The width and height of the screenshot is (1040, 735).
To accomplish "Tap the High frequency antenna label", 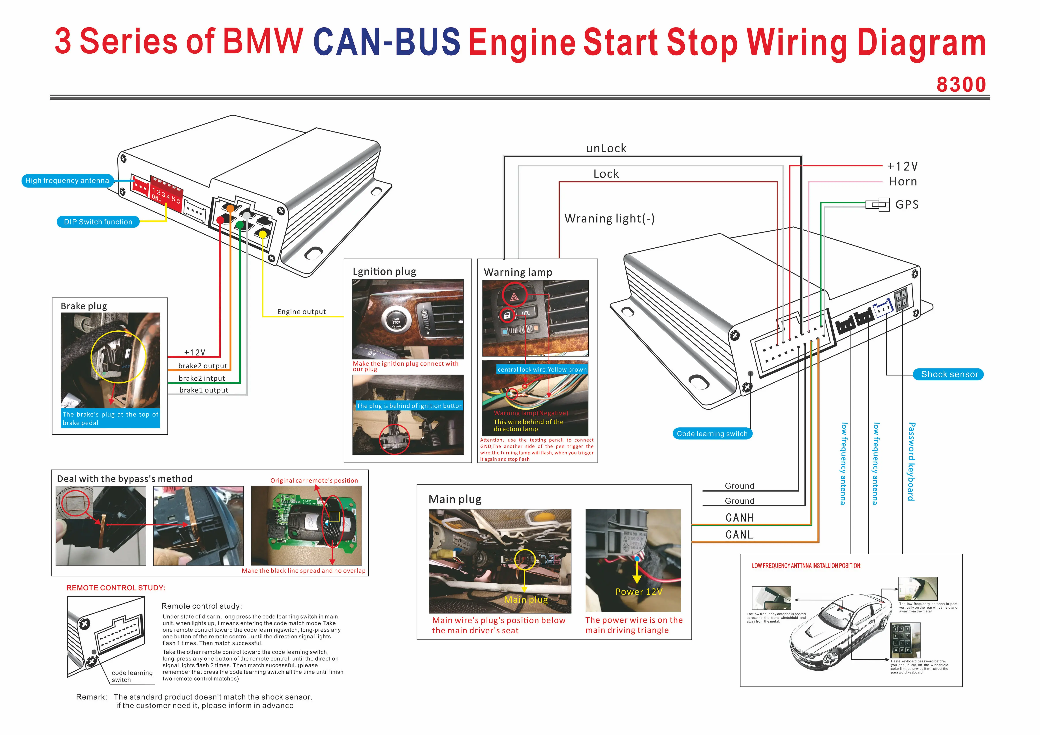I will tap(67, 181).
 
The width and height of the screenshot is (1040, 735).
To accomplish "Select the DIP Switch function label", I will tap(98, 222).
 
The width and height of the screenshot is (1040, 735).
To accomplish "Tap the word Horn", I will tap(903, 181).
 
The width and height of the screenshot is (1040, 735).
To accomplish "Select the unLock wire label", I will tap(606, 149).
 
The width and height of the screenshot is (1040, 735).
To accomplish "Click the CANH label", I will tap(739, 518).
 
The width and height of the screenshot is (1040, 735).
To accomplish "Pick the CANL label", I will tap(739, 535).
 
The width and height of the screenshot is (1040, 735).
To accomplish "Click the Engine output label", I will tap(301, 312).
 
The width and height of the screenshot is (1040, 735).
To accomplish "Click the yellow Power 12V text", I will tap(639, 592).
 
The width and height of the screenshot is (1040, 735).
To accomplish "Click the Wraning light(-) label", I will tap(609, 219).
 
